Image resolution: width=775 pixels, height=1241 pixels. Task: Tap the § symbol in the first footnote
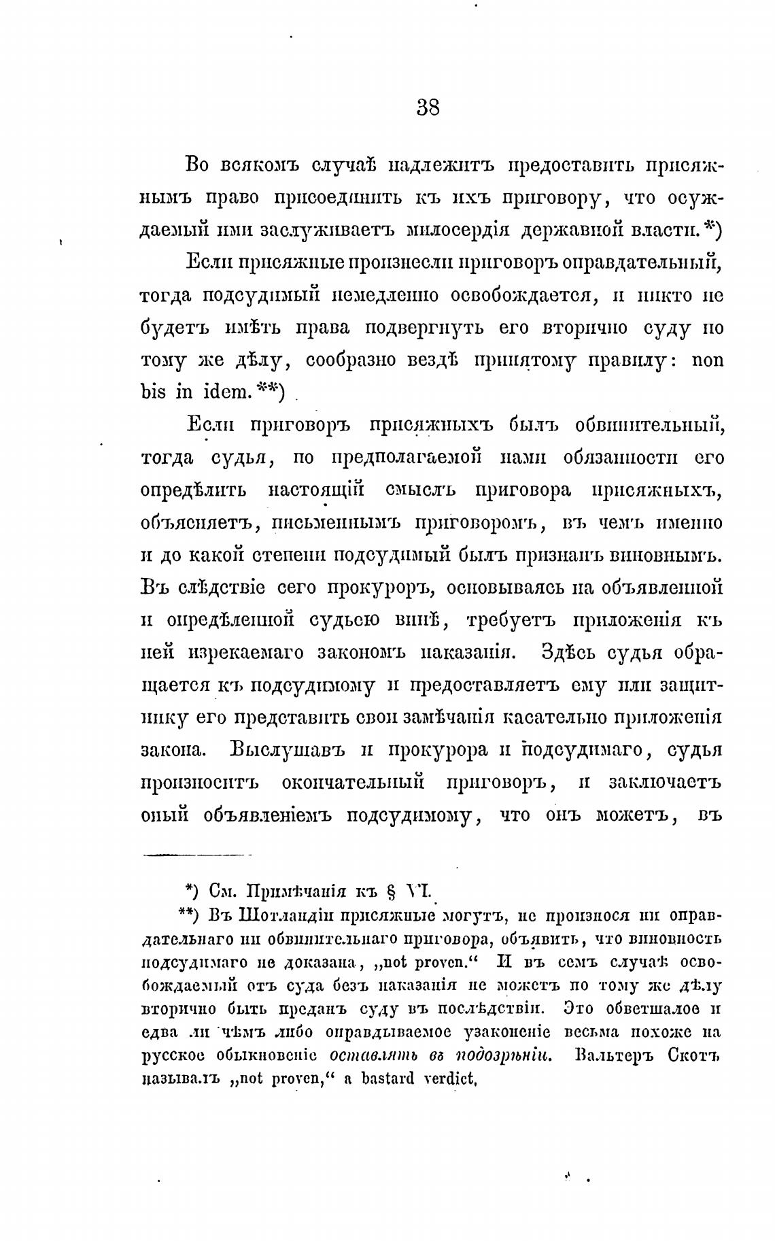(390, 891)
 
